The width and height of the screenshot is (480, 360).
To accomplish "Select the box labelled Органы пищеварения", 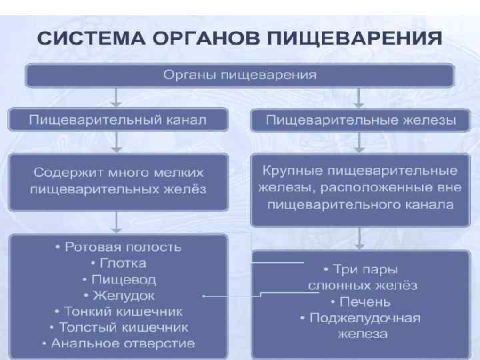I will (240, 74).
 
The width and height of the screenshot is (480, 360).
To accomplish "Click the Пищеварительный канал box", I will (118, 120).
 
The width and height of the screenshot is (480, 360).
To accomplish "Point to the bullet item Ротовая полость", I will (118, 247).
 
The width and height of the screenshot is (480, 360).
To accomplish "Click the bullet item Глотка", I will (118, 263).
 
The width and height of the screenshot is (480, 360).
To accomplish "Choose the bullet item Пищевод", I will (118, 279).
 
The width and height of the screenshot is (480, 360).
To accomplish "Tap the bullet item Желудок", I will (118, 295).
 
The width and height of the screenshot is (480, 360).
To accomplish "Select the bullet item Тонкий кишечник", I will (118, 311).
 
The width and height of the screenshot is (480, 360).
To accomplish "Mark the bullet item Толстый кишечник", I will (118, 327).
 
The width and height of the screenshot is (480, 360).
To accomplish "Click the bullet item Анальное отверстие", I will (118, 344).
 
